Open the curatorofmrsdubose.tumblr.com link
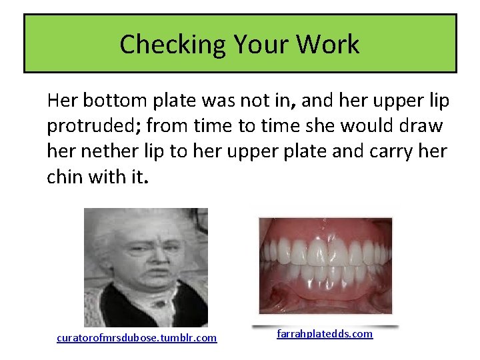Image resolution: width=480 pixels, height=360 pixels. [137, 338]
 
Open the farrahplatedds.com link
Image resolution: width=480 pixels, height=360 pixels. [325, 333]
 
